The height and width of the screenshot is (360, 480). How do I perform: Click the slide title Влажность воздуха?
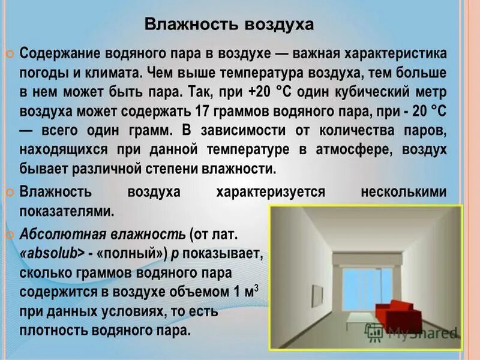(x=230, y=25)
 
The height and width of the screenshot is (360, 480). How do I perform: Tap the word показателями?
(x=66, y=212)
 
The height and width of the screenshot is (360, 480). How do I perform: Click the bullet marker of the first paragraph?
(x=10, y=54)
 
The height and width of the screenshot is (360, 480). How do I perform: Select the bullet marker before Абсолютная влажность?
(x=10, y=234)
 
